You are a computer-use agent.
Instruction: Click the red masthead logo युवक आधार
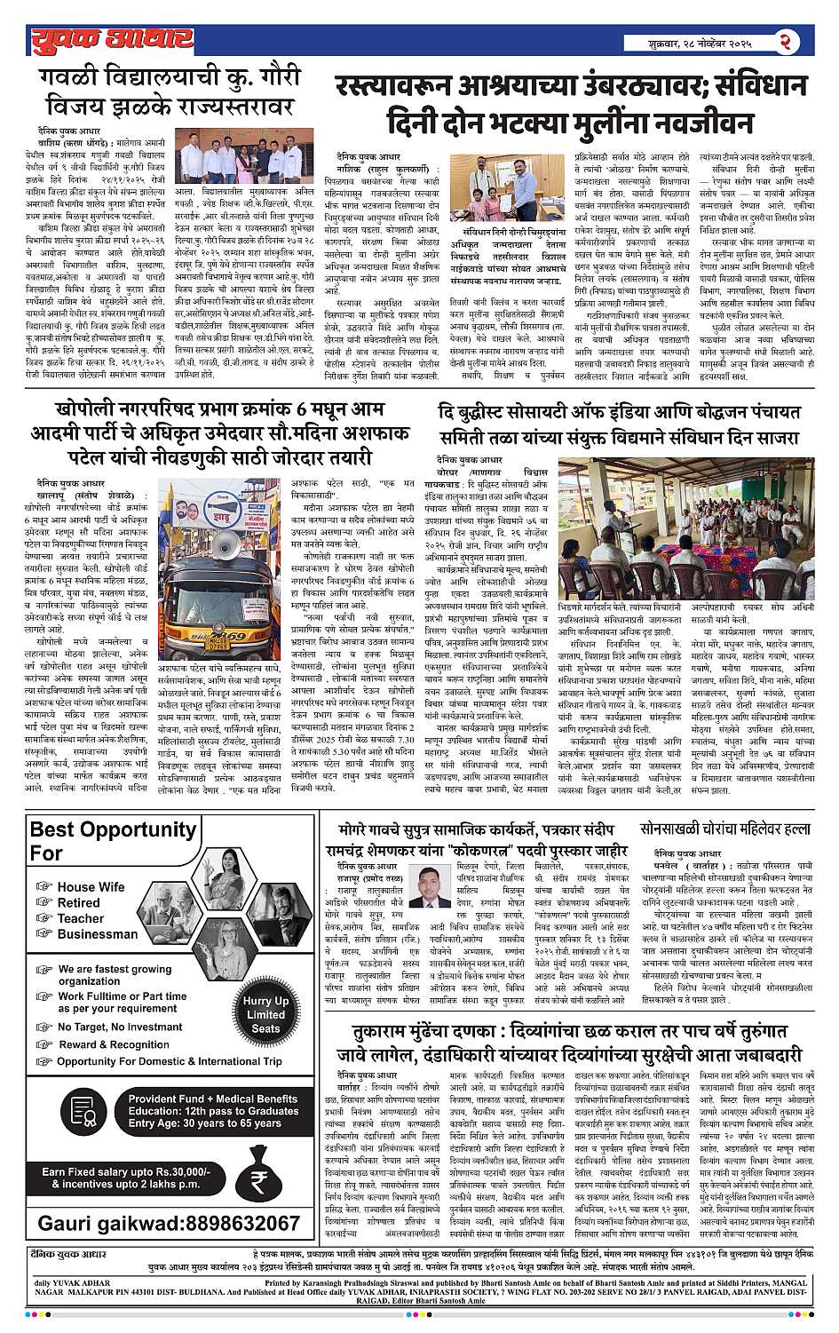(x=111, y=40)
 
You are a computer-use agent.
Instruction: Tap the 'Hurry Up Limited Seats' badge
(x=265, y=1013)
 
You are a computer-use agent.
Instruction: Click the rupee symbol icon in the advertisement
(x=258, y=1180)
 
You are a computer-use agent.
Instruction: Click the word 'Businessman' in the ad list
(x=98, y=934)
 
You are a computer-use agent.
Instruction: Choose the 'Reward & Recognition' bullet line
(x=114, y=1044)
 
